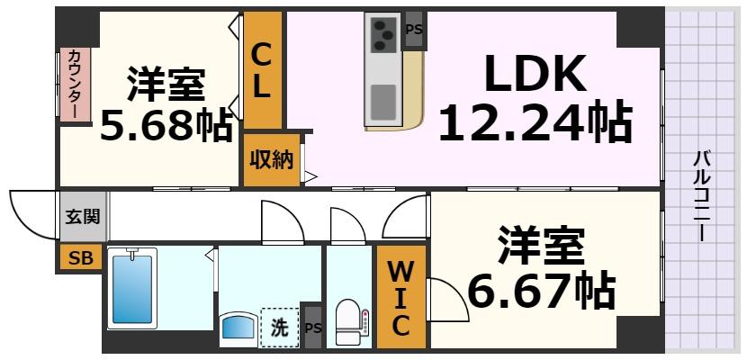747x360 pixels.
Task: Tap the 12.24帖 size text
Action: click(534, 123)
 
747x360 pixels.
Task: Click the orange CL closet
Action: click(262, 72)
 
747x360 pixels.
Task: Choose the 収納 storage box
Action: click(271, 160)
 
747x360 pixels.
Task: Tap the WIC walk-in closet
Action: click(400, 296)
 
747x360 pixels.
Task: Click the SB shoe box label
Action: click(81, 258)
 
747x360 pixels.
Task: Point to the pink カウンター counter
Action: click(75, 84)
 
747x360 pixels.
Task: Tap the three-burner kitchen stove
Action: click(382, 35)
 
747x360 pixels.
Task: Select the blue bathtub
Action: click(132, 289)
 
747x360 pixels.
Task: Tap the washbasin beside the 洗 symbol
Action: click(238, 328)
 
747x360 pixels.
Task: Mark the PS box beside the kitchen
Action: click(414, 28)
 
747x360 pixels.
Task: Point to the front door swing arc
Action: click(29, 212)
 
